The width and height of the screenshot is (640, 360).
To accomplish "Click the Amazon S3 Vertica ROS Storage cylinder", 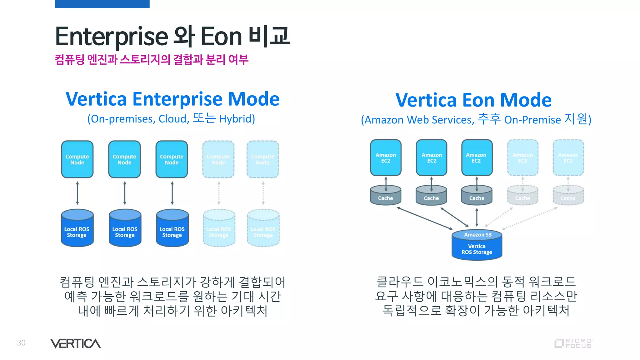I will coord(477,245).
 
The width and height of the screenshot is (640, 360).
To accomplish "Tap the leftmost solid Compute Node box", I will coord(77,159).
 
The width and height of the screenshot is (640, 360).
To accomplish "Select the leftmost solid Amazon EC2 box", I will coord(386,157).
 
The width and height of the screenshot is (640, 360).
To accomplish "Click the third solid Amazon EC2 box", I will coord(477,157).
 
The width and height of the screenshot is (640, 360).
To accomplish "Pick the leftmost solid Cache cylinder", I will coord(386,196).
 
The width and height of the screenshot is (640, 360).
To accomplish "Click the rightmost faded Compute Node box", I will coord(262,159).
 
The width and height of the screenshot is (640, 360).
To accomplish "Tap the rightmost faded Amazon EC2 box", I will coord(568,157).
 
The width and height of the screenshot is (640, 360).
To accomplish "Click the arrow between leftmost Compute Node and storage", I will coord(77,193).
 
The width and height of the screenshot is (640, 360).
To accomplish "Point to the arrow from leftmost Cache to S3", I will coord(425,218).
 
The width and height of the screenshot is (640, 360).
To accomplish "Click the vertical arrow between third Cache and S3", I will coord(477,217).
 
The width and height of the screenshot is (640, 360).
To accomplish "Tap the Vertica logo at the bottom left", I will coord(76,343).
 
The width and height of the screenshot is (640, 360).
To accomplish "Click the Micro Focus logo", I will coord(574,343).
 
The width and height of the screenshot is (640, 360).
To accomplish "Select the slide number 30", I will coord(21,343).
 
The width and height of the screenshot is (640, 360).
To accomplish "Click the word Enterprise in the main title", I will coord(112,37).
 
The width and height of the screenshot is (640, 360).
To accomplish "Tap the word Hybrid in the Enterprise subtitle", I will coord(237,119).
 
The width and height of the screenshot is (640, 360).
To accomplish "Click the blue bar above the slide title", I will coord(102,4).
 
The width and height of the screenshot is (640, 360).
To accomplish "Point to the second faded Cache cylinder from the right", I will coord(522,196).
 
